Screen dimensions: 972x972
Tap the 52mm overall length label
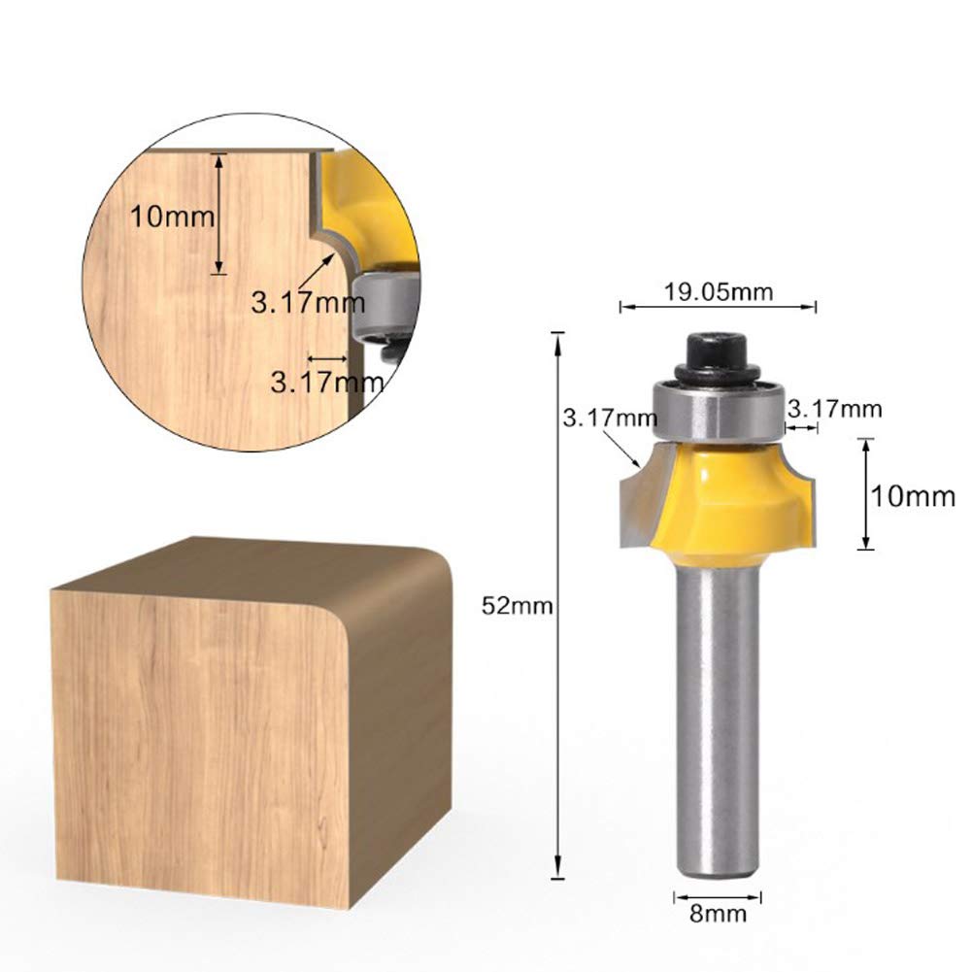(x=518, y=607)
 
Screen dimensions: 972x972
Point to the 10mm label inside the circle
(x=173, y=216)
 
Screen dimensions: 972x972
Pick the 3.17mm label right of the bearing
(x=834, y=409)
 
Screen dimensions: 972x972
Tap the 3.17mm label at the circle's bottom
(x=326, y=381)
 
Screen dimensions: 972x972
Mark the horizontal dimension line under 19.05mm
(x=718, y=307)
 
